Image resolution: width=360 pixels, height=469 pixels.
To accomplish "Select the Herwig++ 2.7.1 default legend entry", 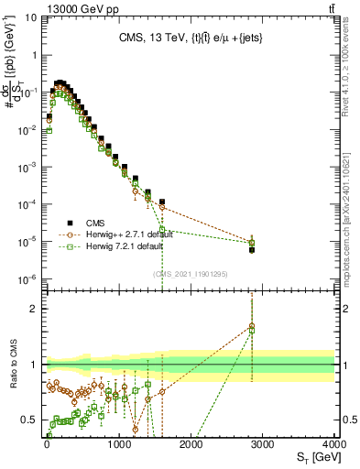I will (114, 234).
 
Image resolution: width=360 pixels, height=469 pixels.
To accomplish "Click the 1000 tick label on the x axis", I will (117, 443).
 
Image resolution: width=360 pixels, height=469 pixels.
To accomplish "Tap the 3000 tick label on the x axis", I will (262, 443).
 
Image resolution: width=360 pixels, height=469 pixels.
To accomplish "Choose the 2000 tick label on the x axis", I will (190, 443).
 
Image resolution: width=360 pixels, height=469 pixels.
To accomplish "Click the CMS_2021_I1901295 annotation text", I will (190, 274).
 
